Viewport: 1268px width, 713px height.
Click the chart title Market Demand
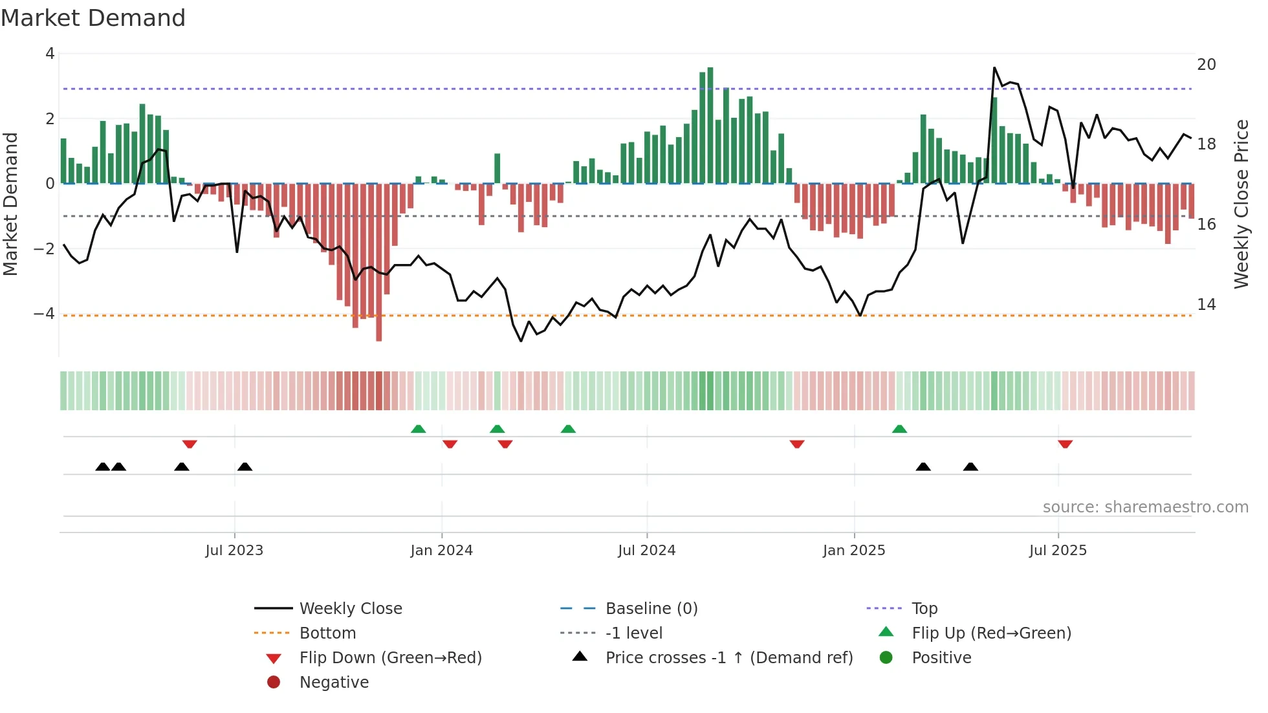point(93,17)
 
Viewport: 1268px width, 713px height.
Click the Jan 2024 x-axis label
point(441,550)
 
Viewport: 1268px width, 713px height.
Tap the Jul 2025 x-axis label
point(1058,550)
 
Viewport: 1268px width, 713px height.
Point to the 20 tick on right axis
point(1206,64)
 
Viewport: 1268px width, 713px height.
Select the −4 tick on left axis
point(44,313)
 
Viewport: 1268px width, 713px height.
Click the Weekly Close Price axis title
point(1241,204)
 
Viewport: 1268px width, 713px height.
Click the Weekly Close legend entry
point(350,608)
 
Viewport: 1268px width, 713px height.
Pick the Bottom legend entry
point(327,633)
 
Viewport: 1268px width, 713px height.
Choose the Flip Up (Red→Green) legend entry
point(991,633)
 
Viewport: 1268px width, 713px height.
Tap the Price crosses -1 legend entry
point(728,657)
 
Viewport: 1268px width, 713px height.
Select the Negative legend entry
point(334,682)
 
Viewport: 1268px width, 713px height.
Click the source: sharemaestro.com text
point(1145,507)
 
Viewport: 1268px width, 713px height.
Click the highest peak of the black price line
point(994,68)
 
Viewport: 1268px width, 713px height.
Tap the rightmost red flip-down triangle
point(1065,444)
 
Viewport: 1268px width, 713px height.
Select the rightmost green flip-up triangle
point(899,429)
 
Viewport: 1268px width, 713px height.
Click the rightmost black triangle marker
point(970,466)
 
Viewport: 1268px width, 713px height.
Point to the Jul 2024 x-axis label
point(646,550)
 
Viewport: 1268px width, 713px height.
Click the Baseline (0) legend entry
point(651,608)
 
